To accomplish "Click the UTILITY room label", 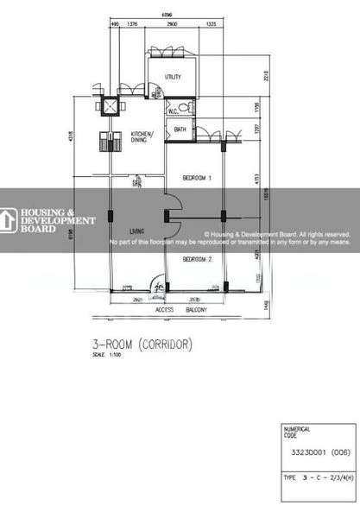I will pyautogui.click(x=173, y=77).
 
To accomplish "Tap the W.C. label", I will pyautogui.click(x=172, y=111).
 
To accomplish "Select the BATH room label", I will pyautogui.click(x=180, y=129).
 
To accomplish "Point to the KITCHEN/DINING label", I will pyautogui.click(x=142, y=137).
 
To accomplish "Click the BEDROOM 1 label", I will pyautogui.click(x=197, y=177).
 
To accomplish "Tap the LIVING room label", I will pyautogui.click(x=136, y=231).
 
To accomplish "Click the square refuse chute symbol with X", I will pyautogui.click(x=111, y=106).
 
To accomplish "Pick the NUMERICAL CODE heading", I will pyautogui.click(x=297, y=432).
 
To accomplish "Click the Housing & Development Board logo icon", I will pyautogui.click(x=9, y=220).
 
